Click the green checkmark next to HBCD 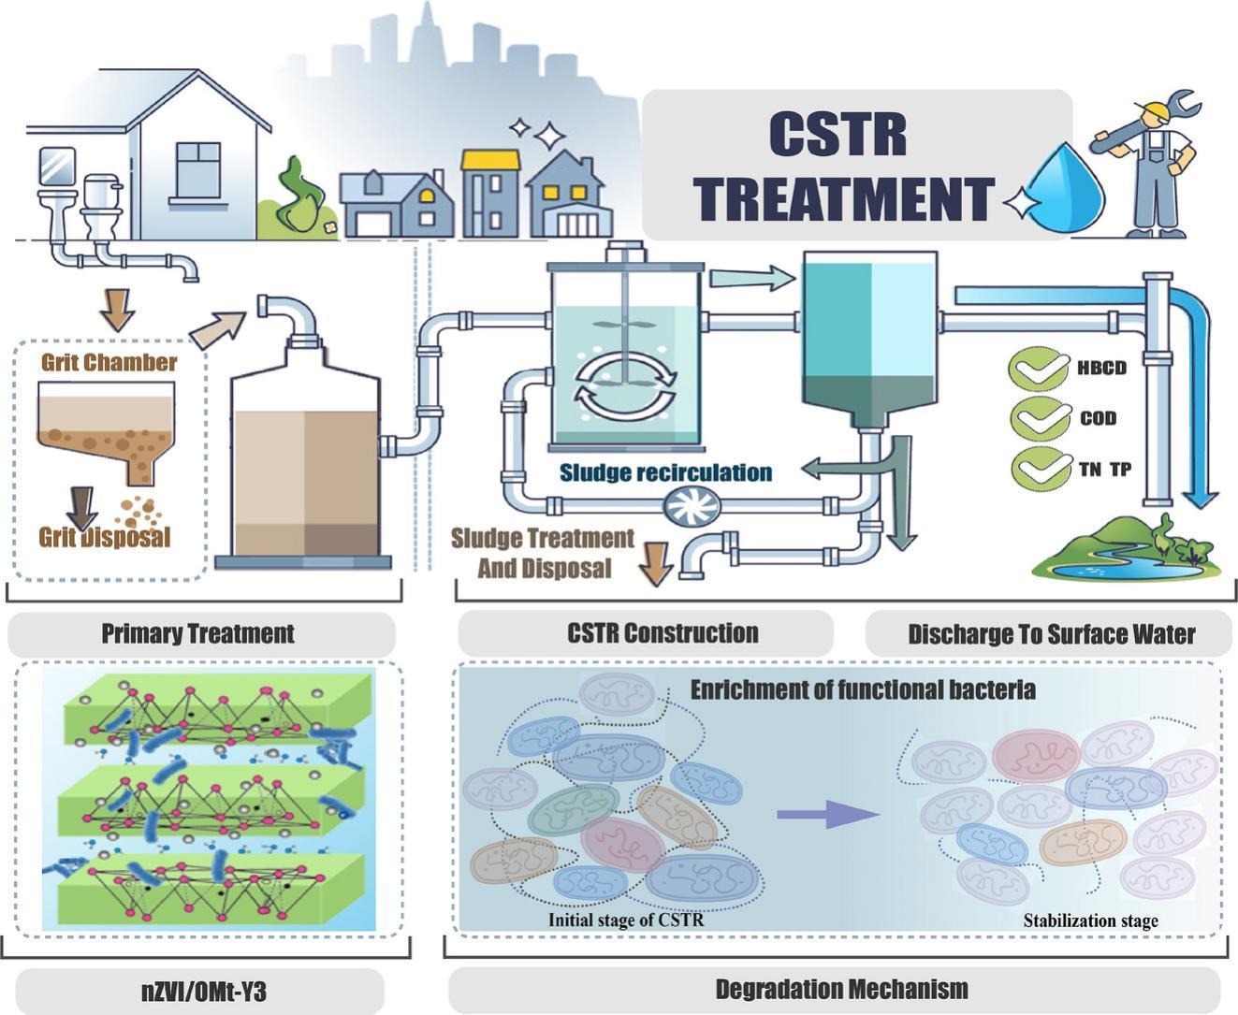[x=1038, y=369]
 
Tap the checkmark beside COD [x=1040, y=419]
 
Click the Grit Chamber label [x=109, y=363]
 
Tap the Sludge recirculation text [x=665, y=472]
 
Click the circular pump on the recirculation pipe [x=692, y=505]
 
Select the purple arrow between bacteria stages [x=828, y=814]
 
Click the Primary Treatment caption [x=197, y=633]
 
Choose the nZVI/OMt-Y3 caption [x=204, y=992]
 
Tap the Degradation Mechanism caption [x=842, y=989]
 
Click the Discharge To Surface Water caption [x=1052, y=634]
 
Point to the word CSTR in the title [x=838, y=135]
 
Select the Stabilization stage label [x=1091, y=921]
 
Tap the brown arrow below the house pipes [x=117, y=311]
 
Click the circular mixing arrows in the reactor [x=626, y=385]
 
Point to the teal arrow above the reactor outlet [x=752, y=278]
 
